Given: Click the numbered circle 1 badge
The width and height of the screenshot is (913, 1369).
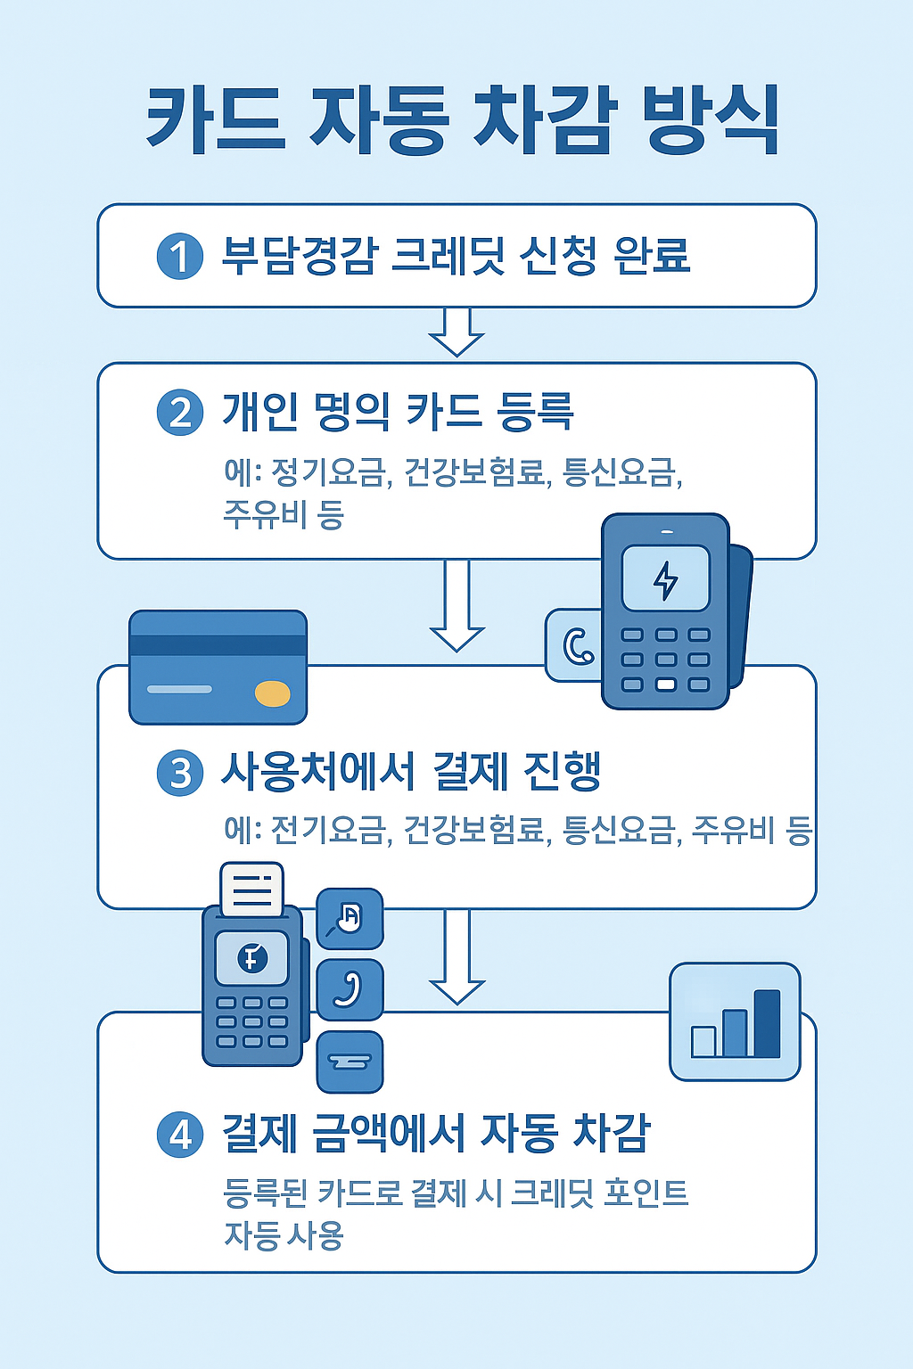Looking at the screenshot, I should pos(180,257).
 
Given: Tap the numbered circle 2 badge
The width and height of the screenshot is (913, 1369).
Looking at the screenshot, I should pos(180,413).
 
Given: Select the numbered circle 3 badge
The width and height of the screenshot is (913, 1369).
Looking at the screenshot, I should pos(180,773).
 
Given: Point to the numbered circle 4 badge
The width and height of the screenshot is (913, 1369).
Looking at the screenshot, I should pos(180,1135).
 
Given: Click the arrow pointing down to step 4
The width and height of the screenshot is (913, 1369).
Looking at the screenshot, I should pos(456,958).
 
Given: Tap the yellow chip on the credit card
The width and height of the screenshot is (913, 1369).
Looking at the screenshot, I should pos(272,693).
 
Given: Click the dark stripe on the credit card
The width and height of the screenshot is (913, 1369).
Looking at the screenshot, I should pos(218,645).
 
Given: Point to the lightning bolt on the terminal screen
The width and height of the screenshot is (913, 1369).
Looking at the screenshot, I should pos(666,579).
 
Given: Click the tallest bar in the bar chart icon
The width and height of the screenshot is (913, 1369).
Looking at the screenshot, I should pos(767,1023).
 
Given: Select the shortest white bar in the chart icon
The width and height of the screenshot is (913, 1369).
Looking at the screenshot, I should pos(703,1041).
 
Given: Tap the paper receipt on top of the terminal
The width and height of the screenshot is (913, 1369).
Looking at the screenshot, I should pos(251,889).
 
